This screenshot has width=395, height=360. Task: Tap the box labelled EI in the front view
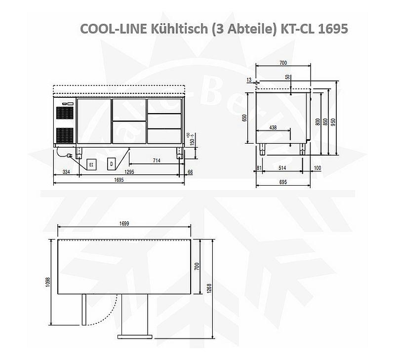point(91,163)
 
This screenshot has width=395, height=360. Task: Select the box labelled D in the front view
point(112,163)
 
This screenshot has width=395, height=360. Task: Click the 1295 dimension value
point(129,172)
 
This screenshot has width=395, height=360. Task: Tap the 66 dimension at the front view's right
point(190,172)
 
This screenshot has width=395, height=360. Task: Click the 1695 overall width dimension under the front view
point(118,180)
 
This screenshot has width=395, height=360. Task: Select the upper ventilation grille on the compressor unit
point(64,113)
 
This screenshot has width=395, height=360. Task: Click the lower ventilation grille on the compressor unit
point(64,135)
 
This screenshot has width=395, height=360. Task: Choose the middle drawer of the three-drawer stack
point(165,121)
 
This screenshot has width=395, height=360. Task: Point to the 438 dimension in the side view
point(273,127)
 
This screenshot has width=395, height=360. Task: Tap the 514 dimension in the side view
point(282,168)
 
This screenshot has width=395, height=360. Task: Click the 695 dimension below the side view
point(282,182)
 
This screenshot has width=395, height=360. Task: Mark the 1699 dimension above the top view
point(124,224)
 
